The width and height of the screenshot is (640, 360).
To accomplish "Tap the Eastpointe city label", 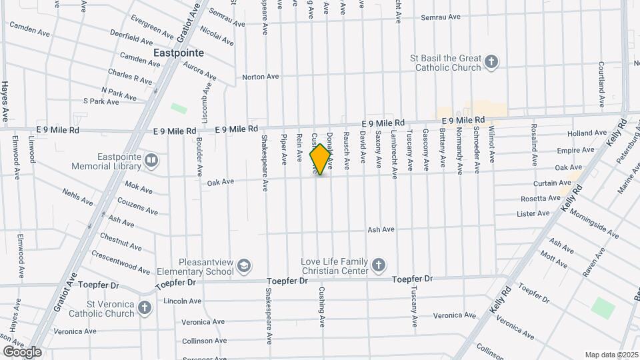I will pyautogui.click(x=178, y=52).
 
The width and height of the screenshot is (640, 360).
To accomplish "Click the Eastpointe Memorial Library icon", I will pyautogui.click(x=151, y=160).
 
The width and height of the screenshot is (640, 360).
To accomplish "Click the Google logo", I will pyautogui.click(x=21, y=351).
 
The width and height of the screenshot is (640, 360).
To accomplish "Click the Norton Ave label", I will pyautogui.click(x=261, y=77).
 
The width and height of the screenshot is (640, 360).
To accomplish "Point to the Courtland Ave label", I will pyautogui.click(x=601, y=84).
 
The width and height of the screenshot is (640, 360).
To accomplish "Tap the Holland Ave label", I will pyautogui.click(x=587, y=133).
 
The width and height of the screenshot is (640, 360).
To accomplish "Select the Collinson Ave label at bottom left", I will pyautogui.click(x=183, y=340).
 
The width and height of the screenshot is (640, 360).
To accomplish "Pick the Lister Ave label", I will pyautogui.click(x=533, y=213).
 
